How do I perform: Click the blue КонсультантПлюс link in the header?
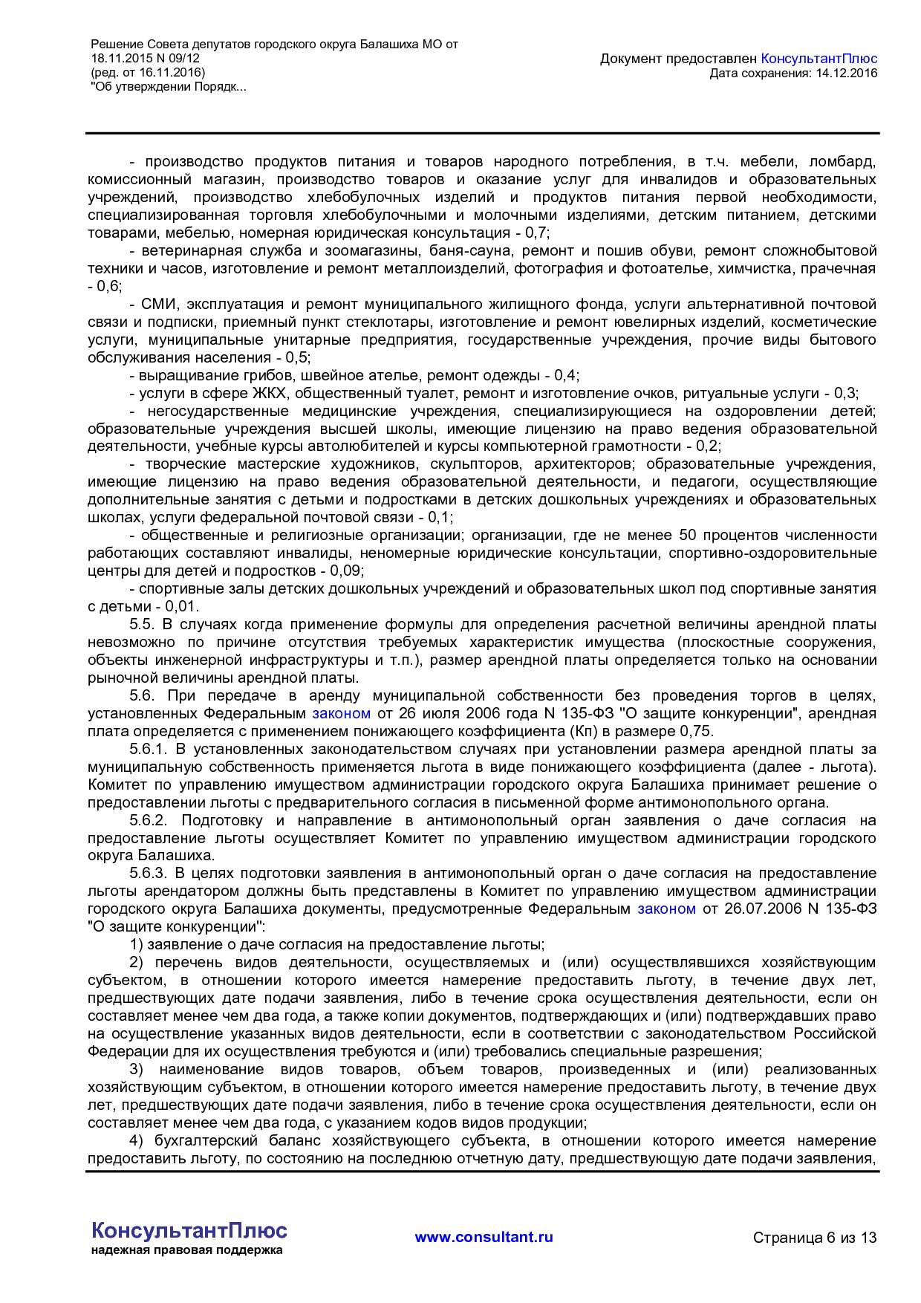point(819,59)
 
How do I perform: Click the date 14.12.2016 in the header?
point(846,73)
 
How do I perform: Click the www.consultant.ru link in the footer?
point(484,1237)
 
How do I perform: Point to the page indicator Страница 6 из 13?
point(815,1238)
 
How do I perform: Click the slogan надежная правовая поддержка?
point(186,1250)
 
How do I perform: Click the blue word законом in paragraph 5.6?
point(341,714)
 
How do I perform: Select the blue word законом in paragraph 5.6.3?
point(666,909)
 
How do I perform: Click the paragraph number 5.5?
point(141,625)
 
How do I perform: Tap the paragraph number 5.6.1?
point(147,750)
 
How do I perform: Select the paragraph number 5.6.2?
point(147,821)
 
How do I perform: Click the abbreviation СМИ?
point(157,305)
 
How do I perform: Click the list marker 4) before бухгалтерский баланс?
point(136,1141)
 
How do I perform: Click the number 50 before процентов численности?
point(687,536)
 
